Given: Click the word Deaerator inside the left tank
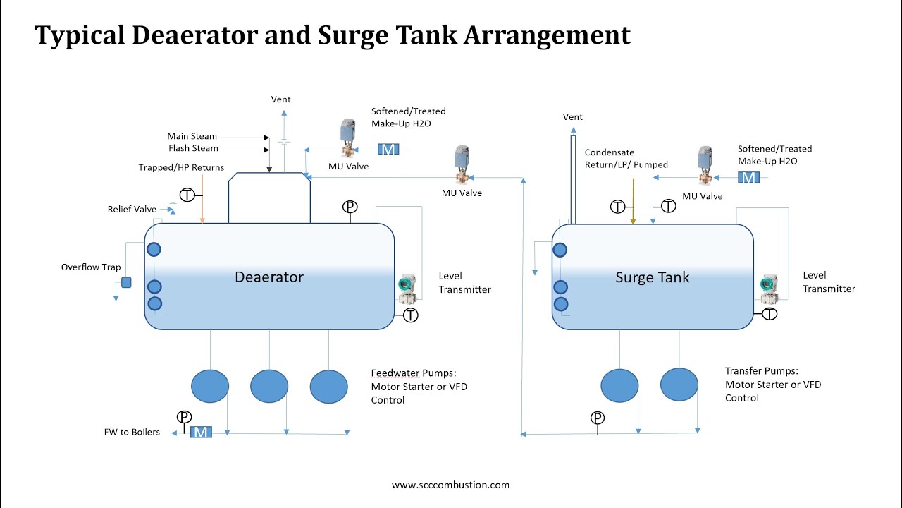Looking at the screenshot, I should [268, 277].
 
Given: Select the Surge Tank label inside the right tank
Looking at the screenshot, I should [653, 277].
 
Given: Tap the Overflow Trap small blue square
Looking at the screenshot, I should [126, 283].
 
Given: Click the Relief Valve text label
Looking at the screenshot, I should [132, 210].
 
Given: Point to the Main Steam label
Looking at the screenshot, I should [192, 136].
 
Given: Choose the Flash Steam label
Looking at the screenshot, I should [193, 148].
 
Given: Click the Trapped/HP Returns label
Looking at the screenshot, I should [181, 167].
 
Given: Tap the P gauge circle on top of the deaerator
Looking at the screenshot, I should [350, 207].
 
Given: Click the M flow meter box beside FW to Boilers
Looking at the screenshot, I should [201, 432].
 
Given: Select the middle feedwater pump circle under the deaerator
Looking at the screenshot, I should [269, 386].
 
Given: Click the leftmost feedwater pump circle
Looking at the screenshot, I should [210, 386].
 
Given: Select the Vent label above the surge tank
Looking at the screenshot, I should [573, 117].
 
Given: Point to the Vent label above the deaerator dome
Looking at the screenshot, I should [280, 99].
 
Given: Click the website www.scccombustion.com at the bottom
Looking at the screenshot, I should [450, 485].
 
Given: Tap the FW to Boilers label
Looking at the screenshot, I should [132, 432].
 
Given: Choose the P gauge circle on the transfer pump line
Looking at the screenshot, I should [598, 418].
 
